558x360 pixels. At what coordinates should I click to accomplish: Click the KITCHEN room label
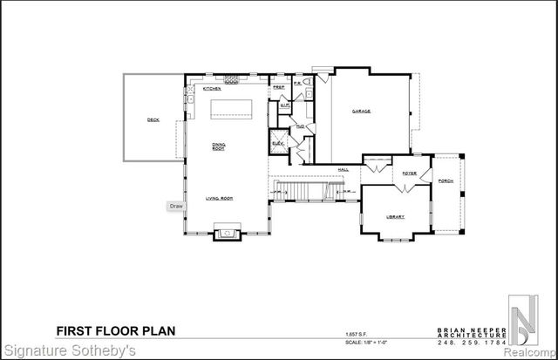coord(212,89)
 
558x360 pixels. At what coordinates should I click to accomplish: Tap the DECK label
coord(153,119)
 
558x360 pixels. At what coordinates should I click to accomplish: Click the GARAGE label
coord(362,112)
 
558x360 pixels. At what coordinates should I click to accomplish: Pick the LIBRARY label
coord(396,217)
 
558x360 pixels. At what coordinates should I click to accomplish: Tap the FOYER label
coord(408,173)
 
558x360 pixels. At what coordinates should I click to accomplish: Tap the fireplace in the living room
coord(228,233)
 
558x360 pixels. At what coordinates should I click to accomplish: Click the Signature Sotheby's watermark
coord(68,352)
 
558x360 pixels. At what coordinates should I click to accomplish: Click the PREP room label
coord(279,88)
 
